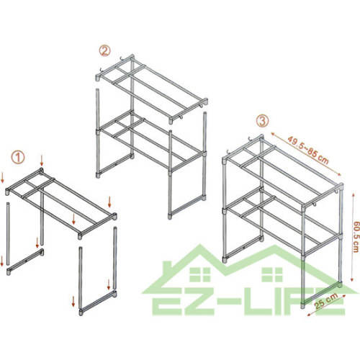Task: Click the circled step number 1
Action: (18, 158)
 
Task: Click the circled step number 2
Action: (104, 51)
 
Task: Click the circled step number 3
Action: (262, 121)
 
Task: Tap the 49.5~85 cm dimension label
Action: (308, 150)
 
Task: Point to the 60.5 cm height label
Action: (356, 236)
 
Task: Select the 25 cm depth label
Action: (326, 301)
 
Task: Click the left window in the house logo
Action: (200, 274)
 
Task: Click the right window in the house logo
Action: (272, 274)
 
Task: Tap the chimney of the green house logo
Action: (167, 269)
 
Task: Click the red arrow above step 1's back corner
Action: (42, 161)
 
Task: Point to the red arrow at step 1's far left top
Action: (2, 178)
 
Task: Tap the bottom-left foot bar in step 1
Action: (25, 262)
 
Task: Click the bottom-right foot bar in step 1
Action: (99, 303)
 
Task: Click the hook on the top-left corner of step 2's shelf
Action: (102, 71)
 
